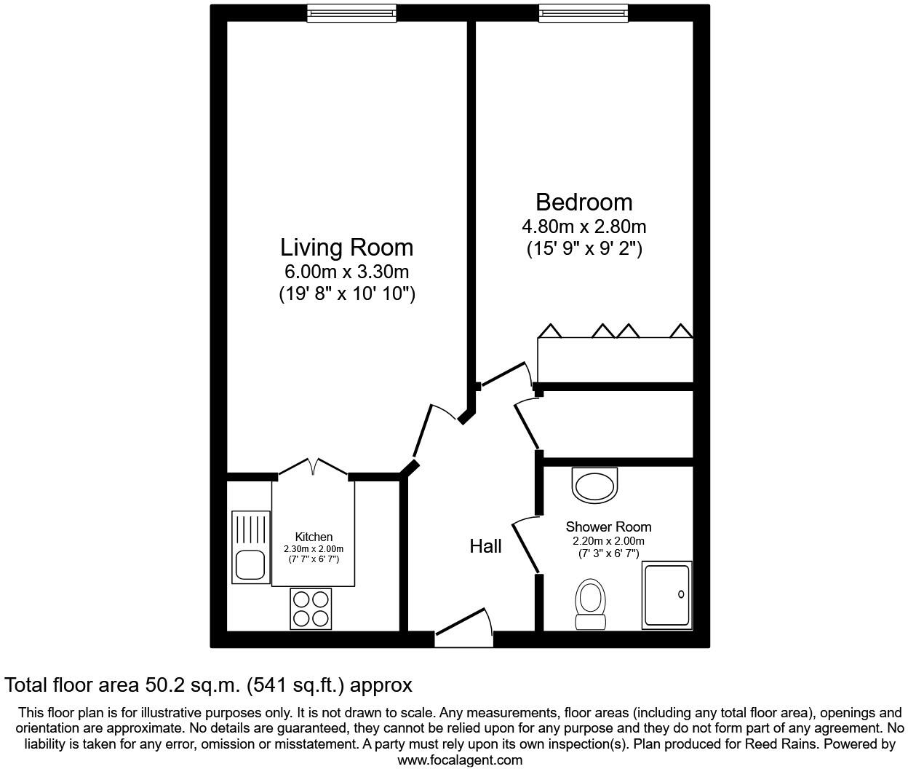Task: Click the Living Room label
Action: [x=346, y=248]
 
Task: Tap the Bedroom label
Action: [x=584, y=202]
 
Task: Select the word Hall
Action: [x=485, y=546]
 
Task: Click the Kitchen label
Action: [x=314, y=537]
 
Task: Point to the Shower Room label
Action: [x=608, y=527]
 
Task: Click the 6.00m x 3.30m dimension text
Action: [x=346, y=272]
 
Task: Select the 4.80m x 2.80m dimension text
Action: [x=584, y=226]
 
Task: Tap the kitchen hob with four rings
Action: [x=311, y=609]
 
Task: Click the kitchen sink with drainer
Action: [x=250, y=548]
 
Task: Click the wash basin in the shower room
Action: [x=594, y=485]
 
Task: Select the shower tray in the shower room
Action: [x=666, y=595]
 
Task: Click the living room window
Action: [x=351, y=13]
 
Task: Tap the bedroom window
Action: [x=583, y=13]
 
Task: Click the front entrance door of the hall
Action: [x=463, y=626]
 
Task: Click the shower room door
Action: [x=526, y=545]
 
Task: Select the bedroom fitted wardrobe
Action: [x=615, y=359]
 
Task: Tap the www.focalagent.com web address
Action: [x=460, y=760]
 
